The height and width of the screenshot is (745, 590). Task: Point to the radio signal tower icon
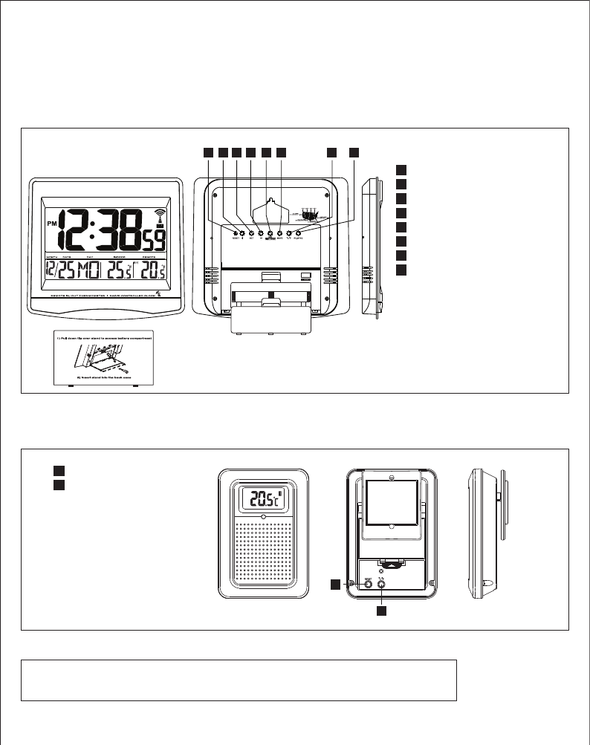click(x=159, y=218)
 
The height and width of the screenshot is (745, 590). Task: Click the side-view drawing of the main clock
click(x=371, y=249)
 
